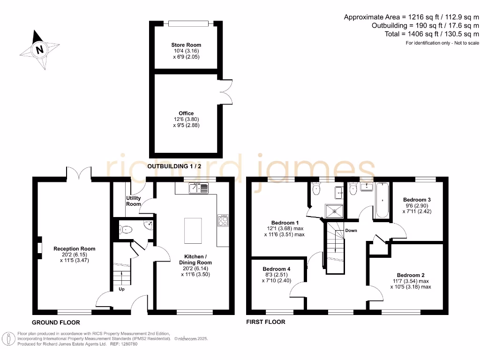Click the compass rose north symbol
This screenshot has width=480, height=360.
[x=40, y=49]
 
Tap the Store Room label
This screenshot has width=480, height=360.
[x=186, y=45]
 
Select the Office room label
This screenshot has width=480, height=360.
[x=186, y=113]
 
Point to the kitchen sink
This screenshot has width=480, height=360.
[x=199, y=188]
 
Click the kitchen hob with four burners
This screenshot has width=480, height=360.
[x=223, y=220]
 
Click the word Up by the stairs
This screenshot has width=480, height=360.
[x=121, y=289]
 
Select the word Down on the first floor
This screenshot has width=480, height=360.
[x=351, y=231]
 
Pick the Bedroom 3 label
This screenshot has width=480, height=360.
[x=417, y=199]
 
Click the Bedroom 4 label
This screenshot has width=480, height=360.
[x=276, y=269]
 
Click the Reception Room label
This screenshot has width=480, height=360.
[x=75, y=249]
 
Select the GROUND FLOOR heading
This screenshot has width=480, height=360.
[x=56, y=322]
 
